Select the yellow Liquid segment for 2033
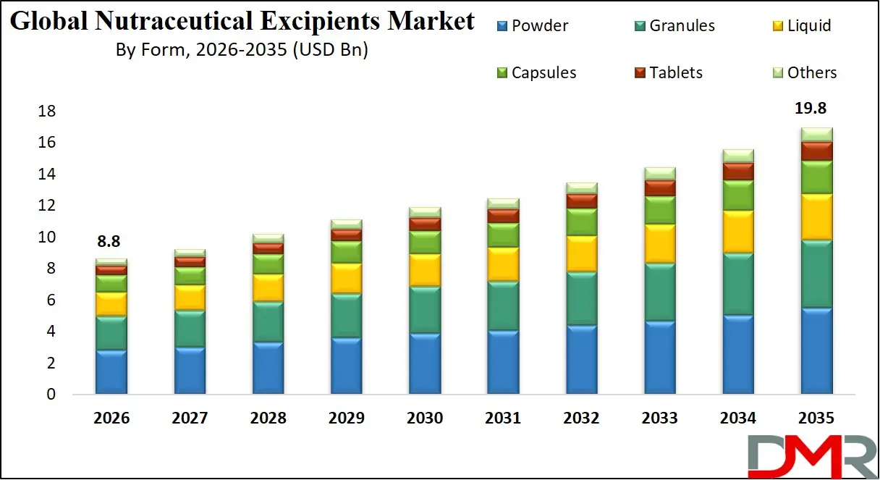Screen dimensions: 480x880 coord(659,243)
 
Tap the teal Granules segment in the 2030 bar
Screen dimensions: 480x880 coord(425,310)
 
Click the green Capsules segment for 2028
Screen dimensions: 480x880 coord(268,264)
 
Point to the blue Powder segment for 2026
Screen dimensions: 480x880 coord(111,372)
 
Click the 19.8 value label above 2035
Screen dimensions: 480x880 coord(810,109)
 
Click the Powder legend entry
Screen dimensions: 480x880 coord(531,26)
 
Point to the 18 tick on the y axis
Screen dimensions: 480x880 coord(47,111)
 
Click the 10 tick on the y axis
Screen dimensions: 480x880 coord(47,237)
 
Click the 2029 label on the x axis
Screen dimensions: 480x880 coord(346,418)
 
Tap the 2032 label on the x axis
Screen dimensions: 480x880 coord(580,418)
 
